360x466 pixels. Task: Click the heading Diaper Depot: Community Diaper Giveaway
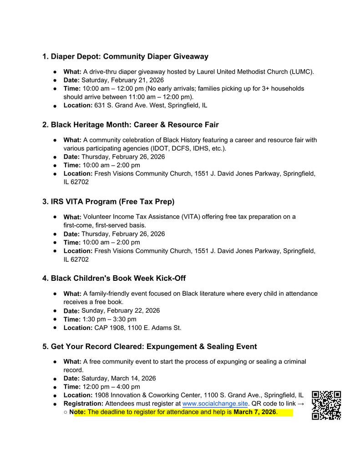[x=125, y=56]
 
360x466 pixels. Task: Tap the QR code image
[x=326, y=405]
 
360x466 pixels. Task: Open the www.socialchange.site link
[x=215, y=404]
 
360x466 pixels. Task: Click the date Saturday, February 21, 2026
[x=122, y=80]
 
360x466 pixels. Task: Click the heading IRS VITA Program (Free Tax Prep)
[x=108, y=202]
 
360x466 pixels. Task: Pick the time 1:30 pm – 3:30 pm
[x=109, y=319]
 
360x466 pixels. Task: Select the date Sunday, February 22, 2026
[x=121, y=311]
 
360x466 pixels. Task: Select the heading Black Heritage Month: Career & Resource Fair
[x=131, y=125]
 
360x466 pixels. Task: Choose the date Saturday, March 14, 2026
[x=118, y=378]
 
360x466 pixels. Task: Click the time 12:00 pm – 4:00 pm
[x=111, y=387]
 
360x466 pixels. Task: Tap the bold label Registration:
[x=83, y=404]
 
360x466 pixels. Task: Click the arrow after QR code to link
[x=301, y=404]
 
